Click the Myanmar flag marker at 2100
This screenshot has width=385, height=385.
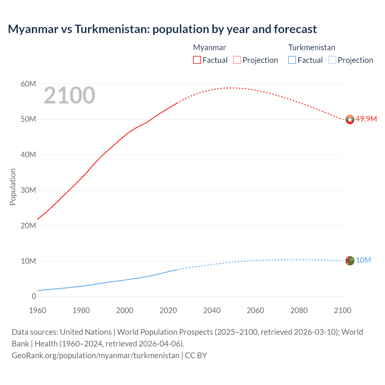tap(350, 119)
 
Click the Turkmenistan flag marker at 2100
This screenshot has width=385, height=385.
tap(350, 260)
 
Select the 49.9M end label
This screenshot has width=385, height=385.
tap(366, 119)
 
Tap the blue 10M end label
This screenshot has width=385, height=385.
tap(363, 260)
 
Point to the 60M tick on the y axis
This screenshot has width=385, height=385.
tap(28, 84)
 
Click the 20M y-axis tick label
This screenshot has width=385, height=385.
tap(28, 226)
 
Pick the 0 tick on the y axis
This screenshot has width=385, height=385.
tap(34, 296)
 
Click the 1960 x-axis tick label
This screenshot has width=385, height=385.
tap(38, 310)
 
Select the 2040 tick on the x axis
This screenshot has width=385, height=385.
tap(212, 310)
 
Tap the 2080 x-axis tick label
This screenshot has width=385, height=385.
tap(299, 310)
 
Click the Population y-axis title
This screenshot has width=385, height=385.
tap(13, 187)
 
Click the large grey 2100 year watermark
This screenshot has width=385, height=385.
tap(69, 95)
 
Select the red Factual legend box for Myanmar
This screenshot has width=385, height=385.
tap(197, 60)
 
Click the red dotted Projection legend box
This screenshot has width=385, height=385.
tap(237, 60)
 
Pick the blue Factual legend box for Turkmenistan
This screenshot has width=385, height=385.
tap(292, 60)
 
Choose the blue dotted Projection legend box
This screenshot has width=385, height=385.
tap(332, 60)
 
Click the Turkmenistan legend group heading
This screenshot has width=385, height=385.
tap(312, 48)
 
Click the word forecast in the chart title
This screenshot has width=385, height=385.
tap(295, 29)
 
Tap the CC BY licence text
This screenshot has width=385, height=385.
tap(196, 355)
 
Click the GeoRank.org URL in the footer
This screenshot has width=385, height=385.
tap(95, 355)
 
